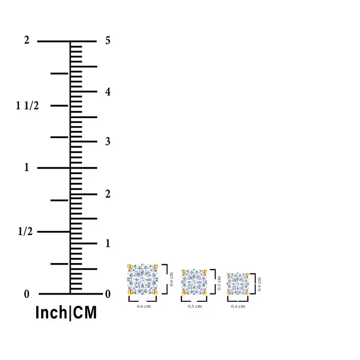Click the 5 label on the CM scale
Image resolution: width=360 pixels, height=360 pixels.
tap(107, 40)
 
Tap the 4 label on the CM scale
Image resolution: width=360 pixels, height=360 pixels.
tap(107, 91)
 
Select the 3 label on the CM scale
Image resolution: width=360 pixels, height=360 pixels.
tap(107, 142)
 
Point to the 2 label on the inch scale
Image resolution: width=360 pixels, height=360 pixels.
tap(27, 40)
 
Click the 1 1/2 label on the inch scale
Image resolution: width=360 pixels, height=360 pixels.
tap(27, 105)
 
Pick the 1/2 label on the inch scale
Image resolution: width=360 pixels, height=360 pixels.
tap(25, 231)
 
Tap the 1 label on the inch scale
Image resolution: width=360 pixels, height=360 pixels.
tap(27, 167)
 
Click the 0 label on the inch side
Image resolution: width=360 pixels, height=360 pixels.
tap(27, 294)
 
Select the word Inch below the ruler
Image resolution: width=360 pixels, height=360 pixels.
tap(51, 312)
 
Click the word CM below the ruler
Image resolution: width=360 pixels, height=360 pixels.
tap(84, 312)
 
